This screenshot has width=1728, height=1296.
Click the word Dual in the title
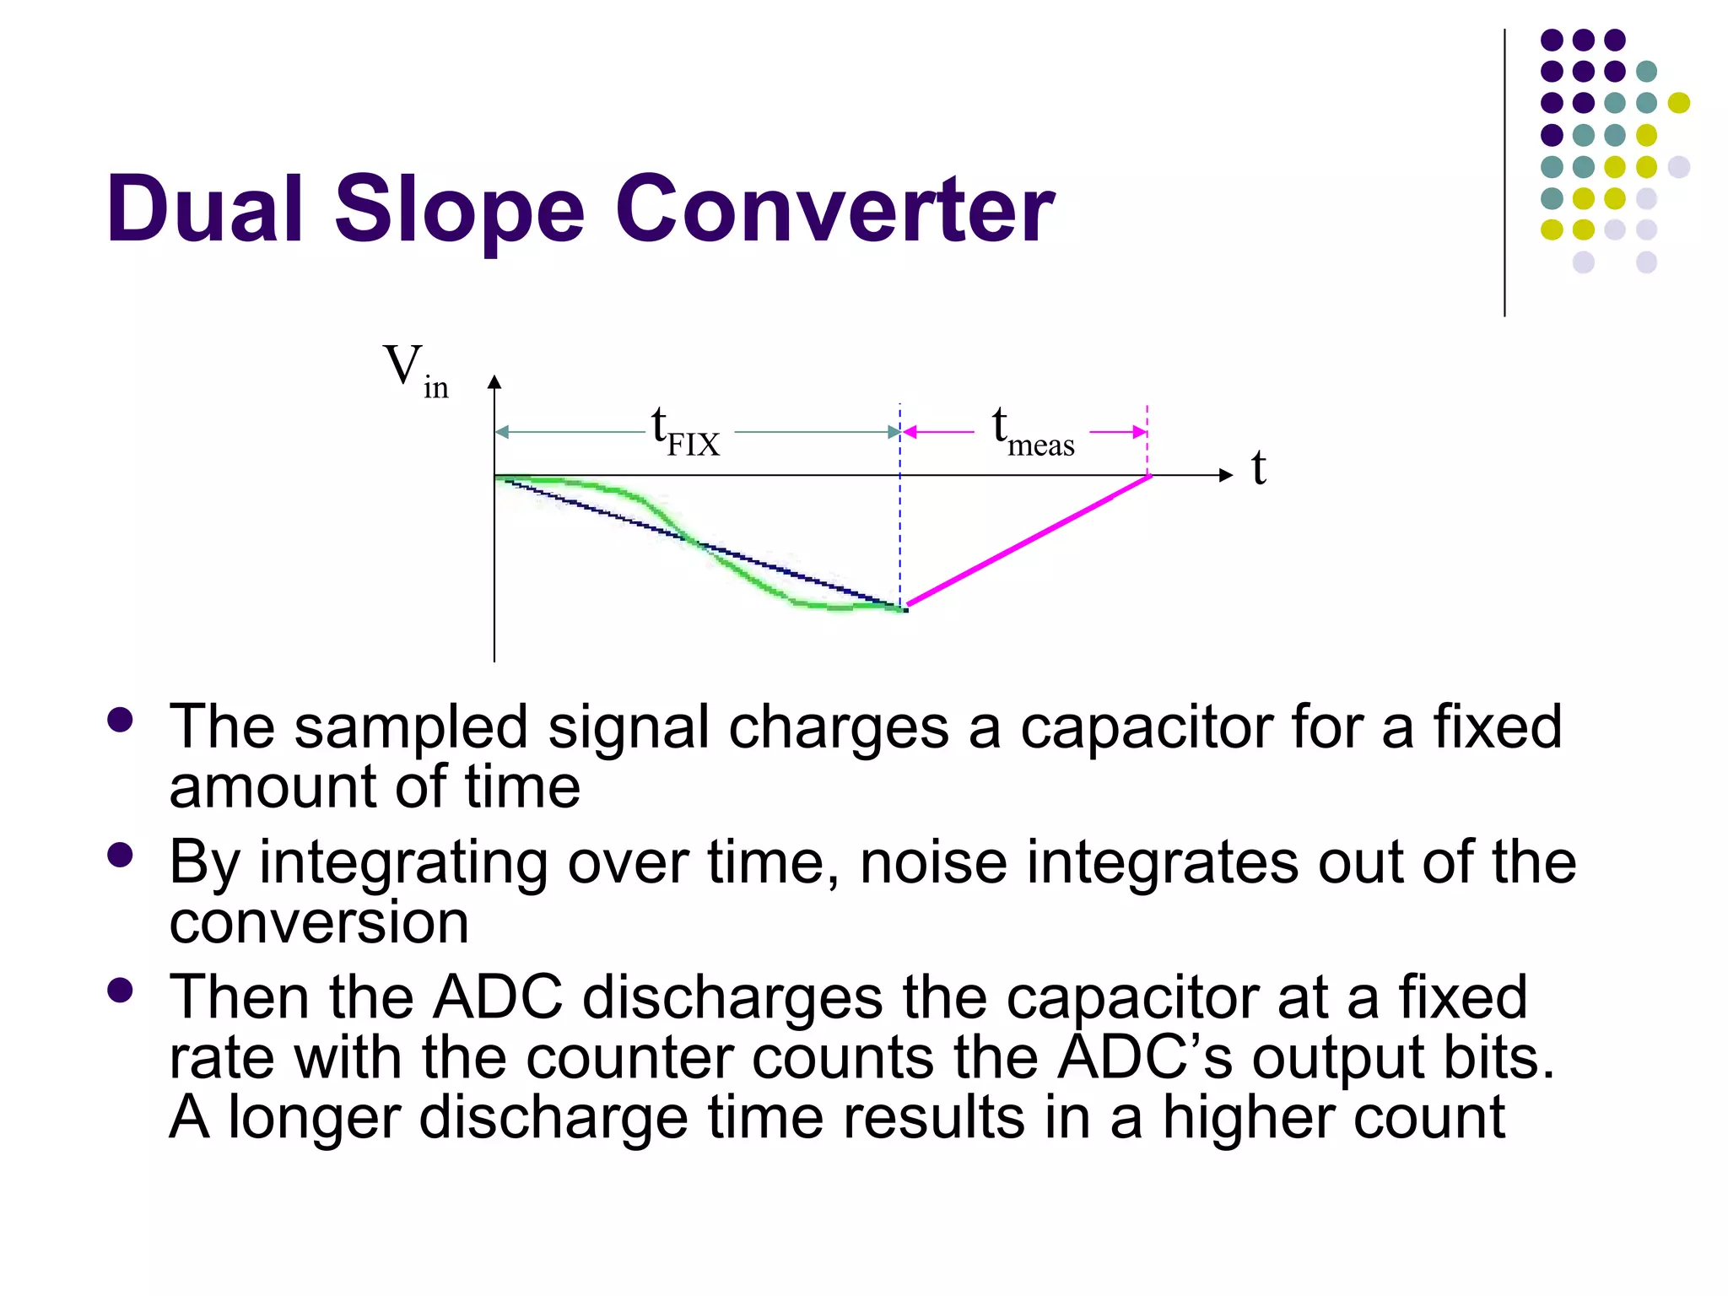204,209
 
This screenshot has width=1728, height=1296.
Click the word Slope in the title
459,209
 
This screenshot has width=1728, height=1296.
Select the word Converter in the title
834,209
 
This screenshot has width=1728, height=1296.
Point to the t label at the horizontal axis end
1258,469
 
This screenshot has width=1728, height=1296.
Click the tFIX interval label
685,432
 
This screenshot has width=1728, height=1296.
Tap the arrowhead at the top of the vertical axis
494,382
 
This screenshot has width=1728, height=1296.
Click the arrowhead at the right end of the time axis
1226,476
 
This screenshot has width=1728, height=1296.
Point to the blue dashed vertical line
900,523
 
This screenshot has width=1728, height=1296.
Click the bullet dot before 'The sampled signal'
121,720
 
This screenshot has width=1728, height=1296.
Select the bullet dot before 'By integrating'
121,855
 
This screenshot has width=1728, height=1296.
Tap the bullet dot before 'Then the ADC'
121,990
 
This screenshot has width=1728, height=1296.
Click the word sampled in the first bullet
410,727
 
